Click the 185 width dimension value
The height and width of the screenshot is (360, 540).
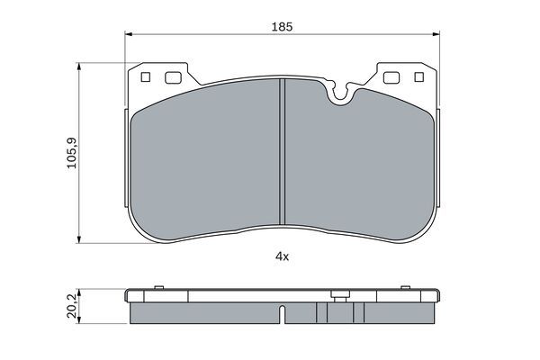(x=282, y=27)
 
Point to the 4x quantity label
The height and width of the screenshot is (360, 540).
(x=282, y=256)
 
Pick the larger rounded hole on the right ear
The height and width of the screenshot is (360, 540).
(x=391, y=77)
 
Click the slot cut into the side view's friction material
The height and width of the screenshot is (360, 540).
(x=283, y=314)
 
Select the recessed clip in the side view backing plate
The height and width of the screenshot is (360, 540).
(x=339, y=294)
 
